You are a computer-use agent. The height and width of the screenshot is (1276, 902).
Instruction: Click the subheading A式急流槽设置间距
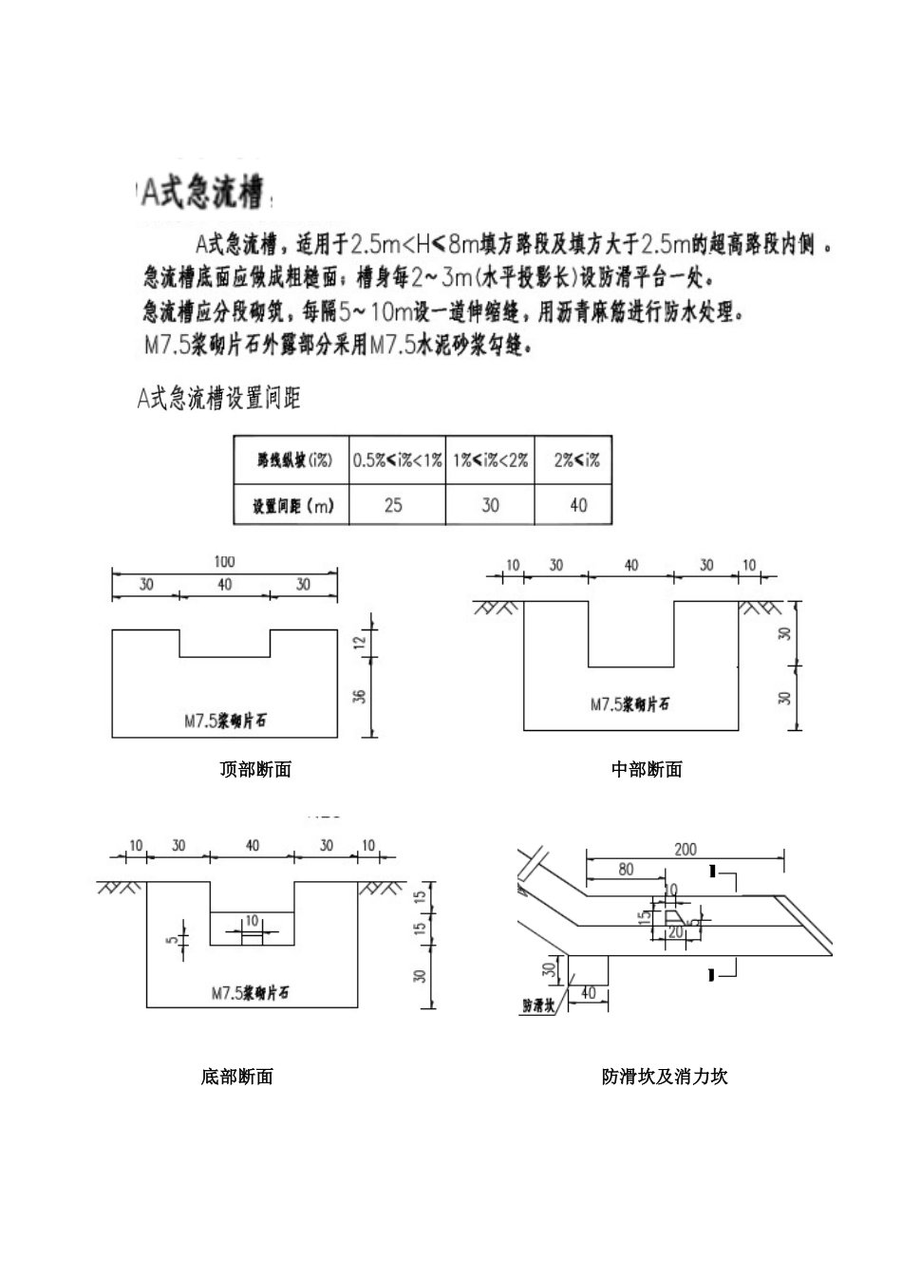219,399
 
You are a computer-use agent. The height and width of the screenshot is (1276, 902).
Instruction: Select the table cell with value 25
393,505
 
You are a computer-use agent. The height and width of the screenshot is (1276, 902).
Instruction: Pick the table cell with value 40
578,505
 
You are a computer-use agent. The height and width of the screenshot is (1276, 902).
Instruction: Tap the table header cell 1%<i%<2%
490,460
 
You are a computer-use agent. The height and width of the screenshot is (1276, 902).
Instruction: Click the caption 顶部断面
255,769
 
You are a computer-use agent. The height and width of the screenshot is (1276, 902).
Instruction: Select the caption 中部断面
647,769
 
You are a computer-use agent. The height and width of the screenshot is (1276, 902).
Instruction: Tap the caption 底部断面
237,1077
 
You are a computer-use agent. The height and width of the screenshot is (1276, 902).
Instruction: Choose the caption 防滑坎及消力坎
665,1077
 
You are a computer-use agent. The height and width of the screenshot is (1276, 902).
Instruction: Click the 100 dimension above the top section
224,561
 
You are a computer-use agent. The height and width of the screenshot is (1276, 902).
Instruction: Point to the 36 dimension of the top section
360,698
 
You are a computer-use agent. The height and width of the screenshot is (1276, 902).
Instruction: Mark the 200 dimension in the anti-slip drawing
685,850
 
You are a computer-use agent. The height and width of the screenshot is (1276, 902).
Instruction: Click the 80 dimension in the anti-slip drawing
626,869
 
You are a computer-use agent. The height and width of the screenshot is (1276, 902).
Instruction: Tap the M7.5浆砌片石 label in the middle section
630,704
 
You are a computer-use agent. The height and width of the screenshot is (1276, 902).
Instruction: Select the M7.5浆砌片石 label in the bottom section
250,993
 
